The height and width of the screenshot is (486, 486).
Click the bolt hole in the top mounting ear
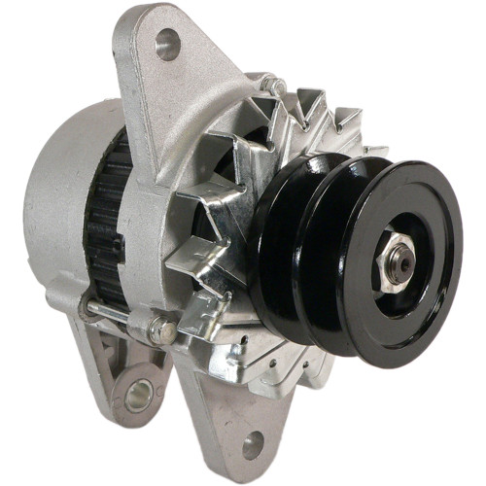168,44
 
